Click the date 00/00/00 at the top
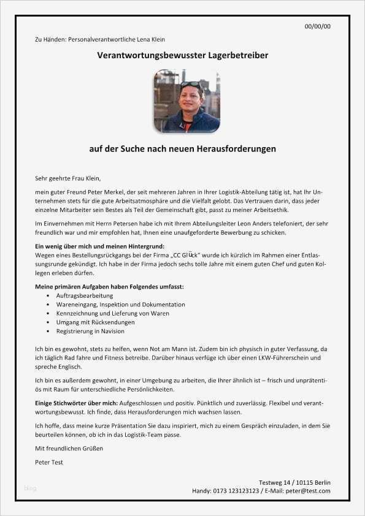click(318, 26)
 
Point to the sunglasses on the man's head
click(190, 84)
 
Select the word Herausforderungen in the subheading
click(236, 149)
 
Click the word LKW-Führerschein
click(283, 357)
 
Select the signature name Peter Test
click(49, 462)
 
